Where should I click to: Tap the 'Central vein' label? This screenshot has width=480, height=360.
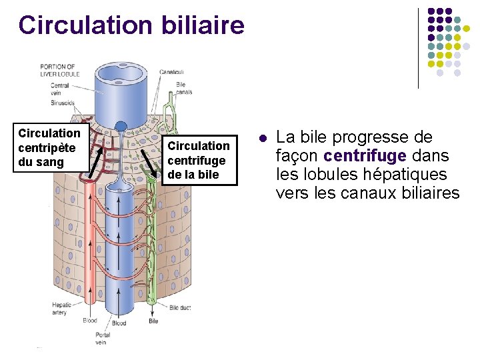click(59, 89)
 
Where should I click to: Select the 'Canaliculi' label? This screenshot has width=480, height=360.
click(173, 71)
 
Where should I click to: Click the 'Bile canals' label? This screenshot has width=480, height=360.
click(183, 88)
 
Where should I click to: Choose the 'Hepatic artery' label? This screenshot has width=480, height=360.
click(61, 309)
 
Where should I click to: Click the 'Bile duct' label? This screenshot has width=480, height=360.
click(180, 307)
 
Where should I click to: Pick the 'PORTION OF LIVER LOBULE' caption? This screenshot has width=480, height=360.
click(60, 70)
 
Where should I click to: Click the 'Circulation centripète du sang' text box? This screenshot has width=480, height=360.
click(51, 147)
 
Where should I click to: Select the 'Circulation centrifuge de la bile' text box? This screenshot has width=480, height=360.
click(198, 160)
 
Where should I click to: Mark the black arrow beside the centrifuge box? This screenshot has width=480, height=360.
click(149, 164)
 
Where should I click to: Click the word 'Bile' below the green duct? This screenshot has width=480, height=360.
click(153, 321)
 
